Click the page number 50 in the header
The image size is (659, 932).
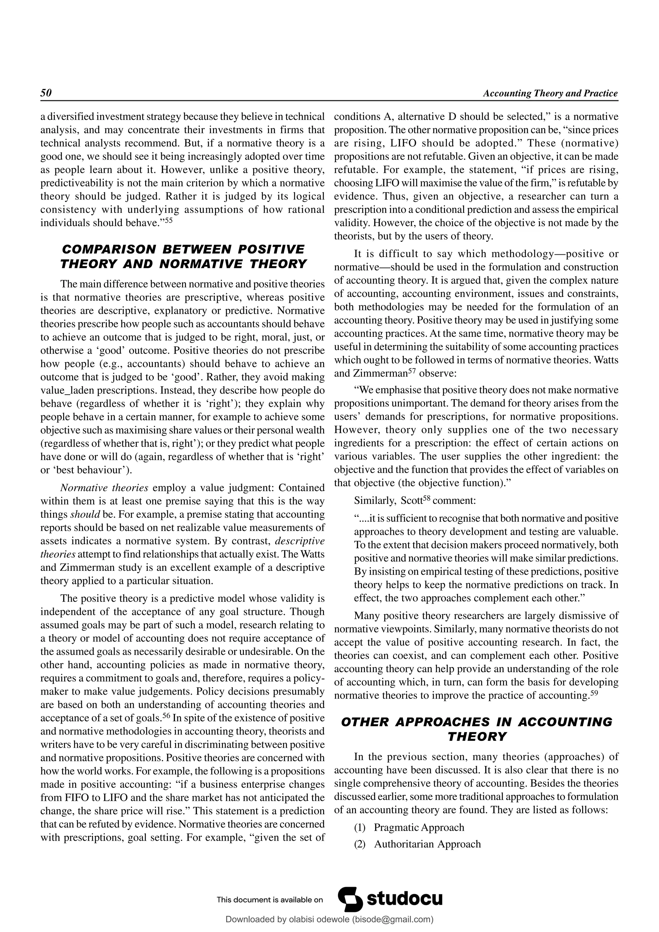coord(46,93)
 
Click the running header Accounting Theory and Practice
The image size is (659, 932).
coord(550,93)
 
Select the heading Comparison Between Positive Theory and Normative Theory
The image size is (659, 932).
coord(183,257)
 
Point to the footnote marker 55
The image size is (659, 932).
coord(169,220)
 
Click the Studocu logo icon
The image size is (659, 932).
coord(350,899)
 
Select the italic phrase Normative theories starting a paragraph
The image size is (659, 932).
coord(104,488)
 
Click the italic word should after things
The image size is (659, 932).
coord(85,514)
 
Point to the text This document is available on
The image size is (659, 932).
coord(270,900)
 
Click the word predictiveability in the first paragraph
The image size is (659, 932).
coord(79,183)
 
